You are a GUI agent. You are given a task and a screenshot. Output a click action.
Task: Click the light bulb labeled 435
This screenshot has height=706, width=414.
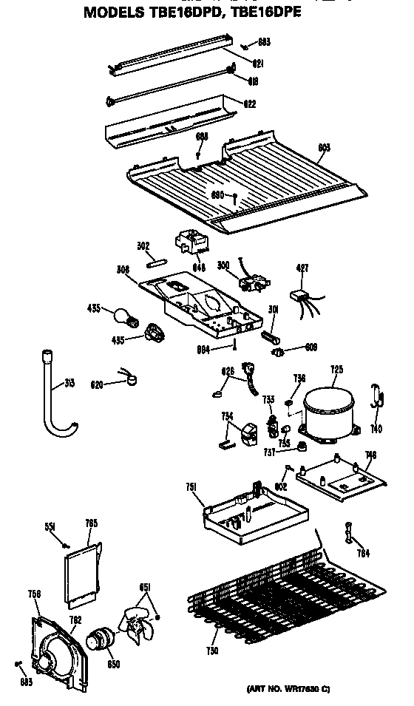coord(122,317)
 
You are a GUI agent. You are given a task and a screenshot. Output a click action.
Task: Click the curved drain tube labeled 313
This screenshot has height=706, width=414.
coord(54,398)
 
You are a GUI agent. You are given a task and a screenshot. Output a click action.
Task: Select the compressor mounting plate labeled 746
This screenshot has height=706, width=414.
coord(342,477)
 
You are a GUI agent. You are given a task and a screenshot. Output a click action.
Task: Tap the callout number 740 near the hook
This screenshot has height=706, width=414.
coord(376,428)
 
